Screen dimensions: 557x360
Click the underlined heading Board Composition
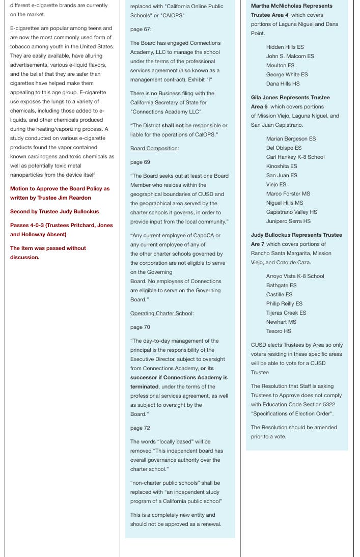point(154,149)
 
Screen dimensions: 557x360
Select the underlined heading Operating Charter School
point(161,313)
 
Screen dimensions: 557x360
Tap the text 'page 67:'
point(141,30)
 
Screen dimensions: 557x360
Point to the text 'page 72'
point(140,428)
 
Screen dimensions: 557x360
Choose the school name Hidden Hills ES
point(285,47)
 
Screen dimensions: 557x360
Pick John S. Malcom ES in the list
point(290,57)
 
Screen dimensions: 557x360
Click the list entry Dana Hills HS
point(283,84)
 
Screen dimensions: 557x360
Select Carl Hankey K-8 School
point(295,157)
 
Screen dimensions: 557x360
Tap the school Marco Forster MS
point(288,194)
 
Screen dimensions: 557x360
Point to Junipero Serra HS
point(288,221)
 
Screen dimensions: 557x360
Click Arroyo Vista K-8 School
point(295,276)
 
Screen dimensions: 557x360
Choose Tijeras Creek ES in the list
point(286,313)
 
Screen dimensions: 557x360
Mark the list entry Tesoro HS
point(279,331)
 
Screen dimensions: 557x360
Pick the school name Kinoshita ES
point(282,166)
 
